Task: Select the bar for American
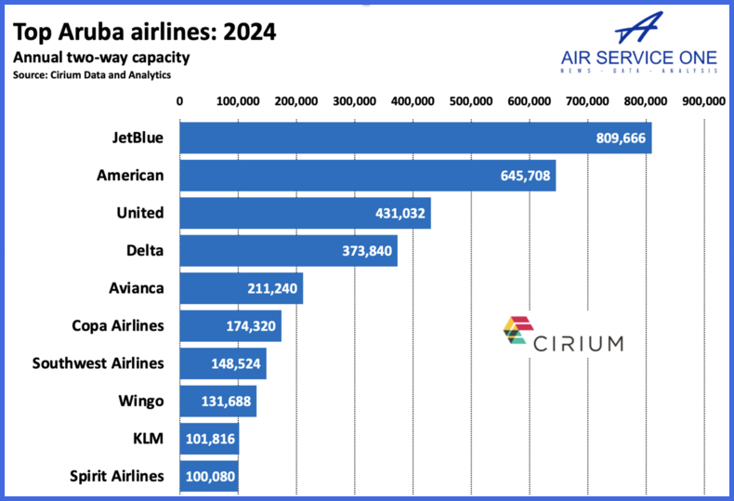tap(367, 175)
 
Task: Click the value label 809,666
tap(622, 138)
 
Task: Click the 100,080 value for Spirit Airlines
tap(209, 476)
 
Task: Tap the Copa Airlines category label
tap(118, 325)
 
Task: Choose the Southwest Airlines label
tap(98, 363)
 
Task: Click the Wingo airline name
tap(141, 401)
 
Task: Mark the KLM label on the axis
tap(149, 439)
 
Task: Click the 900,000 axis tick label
tap(703, 101)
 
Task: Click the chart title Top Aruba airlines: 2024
tap(143, 33)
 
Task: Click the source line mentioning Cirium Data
tap(92, 74)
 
